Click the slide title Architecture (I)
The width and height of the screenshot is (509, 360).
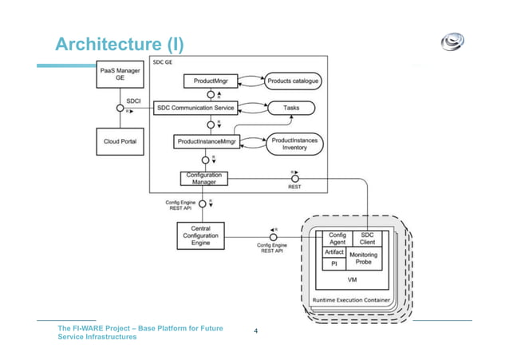coord(119,43)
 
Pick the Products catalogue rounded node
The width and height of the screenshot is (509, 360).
coord(293,81)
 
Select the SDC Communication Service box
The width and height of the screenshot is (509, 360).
coord(207,107)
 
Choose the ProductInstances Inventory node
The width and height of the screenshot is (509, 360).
coord(294,143)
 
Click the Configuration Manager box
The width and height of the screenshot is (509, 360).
coord(203,179)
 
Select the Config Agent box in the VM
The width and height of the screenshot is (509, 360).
coord(337,239)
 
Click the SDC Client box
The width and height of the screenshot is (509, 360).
coord(367,239)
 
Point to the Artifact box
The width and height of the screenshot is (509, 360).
coord(333,251)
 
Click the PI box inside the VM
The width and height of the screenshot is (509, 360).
coord(333,264)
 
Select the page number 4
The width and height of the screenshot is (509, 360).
coord(255,330)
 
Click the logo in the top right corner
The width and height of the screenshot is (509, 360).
coord(455,43)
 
